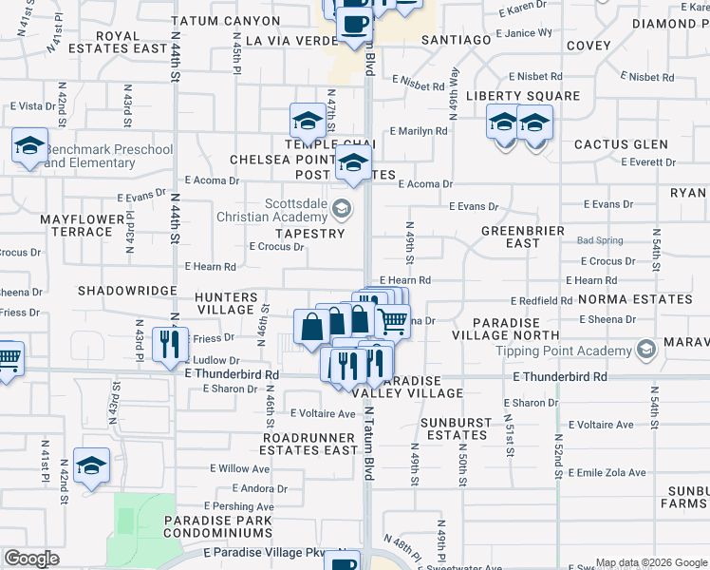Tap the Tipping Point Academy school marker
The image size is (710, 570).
[x=646, y=350]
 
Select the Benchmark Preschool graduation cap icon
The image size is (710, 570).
[x=30, y=147]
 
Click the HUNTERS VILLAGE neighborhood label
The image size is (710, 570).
[x=226, y=303]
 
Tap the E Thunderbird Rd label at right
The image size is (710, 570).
[x=559, y=377]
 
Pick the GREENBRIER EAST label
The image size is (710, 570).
[x=523, y=237]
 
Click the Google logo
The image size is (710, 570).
[x=31, y=559]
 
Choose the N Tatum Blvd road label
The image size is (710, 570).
[x=368, y=446]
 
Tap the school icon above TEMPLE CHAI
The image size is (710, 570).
[x=308, y=122]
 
